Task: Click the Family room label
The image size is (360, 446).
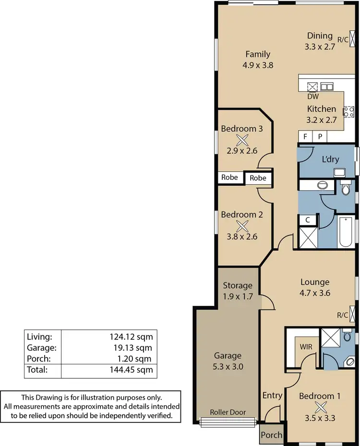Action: [258, 54]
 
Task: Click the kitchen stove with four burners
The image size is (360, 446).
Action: [348, 112]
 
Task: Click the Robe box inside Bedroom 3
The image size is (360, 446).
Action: [229, 177]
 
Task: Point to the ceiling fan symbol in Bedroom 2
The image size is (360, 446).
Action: [242, 225]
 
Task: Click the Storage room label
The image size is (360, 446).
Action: [237, 286]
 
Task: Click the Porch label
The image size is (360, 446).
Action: [271, 435]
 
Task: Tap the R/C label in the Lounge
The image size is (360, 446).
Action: [342, 315]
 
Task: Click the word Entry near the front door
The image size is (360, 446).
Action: [272, 395]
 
